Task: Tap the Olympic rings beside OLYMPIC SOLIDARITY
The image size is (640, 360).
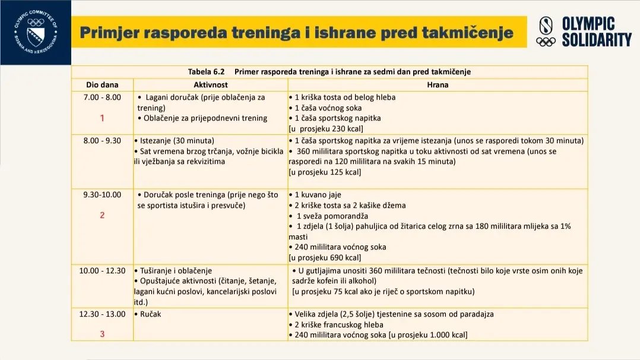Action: tap(546, 41)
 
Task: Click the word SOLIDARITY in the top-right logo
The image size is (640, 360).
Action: tap(596, 40)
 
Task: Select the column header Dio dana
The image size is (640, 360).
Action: tap(102, 85)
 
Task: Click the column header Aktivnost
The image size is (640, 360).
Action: tap(211, 85)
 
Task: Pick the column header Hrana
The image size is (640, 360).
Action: tap(438, 85)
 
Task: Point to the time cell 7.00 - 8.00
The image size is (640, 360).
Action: tap(102, 97)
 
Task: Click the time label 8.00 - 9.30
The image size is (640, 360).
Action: tap(102, 141)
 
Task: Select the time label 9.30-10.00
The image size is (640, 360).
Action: tap(102, 194)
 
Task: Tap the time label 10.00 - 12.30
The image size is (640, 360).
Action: tap(102, 270)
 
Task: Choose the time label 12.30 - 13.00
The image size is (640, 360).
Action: tap(102, 314)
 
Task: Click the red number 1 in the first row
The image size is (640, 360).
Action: tap(102, 118)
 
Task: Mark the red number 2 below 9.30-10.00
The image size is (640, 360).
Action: tap(102, 215)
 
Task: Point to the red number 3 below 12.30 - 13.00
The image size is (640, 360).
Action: tap(102, 334)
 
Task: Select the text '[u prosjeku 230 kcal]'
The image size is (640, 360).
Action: tap(326, 128)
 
